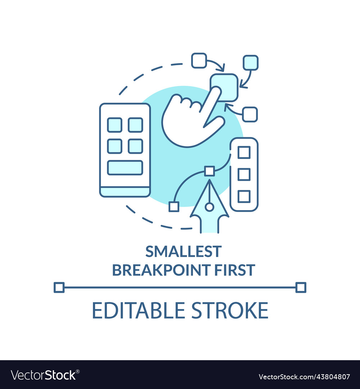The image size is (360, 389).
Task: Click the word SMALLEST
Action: tap(183, 251)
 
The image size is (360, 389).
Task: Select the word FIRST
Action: tap(235, 270)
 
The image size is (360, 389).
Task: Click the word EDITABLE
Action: tap(138, 310)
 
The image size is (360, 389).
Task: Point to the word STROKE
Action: tap(230, 310)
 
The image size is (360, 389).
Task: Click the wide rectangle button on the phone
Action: tap(125, 168)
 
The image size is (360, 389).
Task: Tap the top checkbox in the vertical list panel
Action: tap(244, 152)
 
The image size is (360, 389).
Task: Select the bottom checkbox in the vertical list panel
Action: tap(244, 197)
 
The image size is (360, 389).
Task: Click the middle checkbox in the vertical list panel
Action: tap(244, 174)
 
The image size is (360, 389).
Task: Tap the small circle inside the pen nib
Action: tap(210, 207)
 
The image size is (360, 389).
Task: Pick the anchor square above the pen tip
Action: tap(210, 171)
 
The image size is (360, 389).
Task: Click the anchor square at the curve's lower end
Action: tap(174, 207)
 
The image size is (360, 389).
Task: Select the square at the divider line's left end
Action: tap(59, 287)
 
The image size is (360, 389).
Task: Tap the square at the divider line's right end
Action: tap(301, 287)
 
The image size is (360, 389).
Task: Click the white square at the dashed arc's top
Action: tap(199, 60)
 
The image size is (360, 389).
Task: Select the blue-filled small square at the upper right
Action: tap(251, 63)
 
